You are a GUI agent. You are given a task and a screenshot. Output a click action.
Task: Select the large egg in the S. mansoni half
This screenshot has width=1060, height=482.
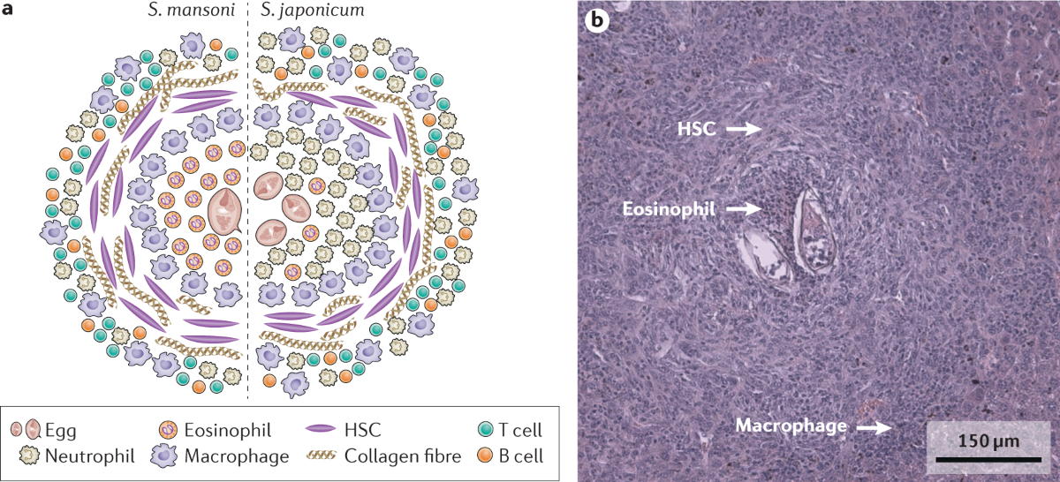click(x=224, y=213)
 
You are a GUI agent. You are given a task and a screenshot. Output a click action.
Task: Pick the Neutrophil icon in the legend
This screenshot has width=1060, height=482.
click(x=32, y=456)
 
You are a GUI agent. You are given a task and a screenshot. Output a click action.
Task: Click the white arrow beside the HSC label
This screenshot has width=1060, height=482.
click(x=743, y=129)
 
